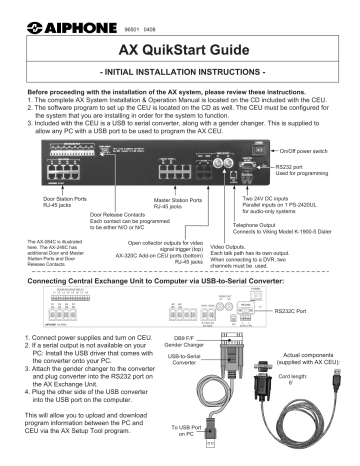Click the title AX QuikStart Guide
pyautogui.click(x=181, y=49)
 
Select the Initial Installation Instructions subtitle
pyautogui.click(x=181, y=76)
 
